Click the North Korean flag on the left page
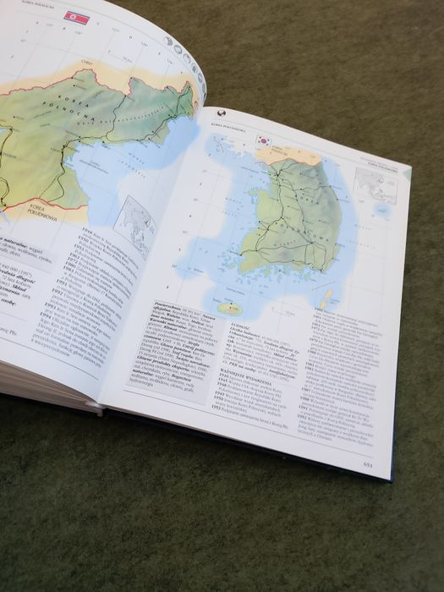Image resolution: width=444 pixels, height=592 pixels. tap(76, 17)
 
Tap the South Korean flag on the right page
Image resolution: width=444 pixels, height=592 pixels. tap(264, 140)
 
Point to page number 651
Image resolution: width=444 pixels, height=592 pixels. tap(368, 463)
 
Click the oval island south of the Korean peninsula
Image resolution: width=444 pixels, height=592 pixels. tap(230, 309)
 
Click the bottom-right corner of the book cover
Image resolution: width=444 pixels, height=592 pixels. tap(391, 479)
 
